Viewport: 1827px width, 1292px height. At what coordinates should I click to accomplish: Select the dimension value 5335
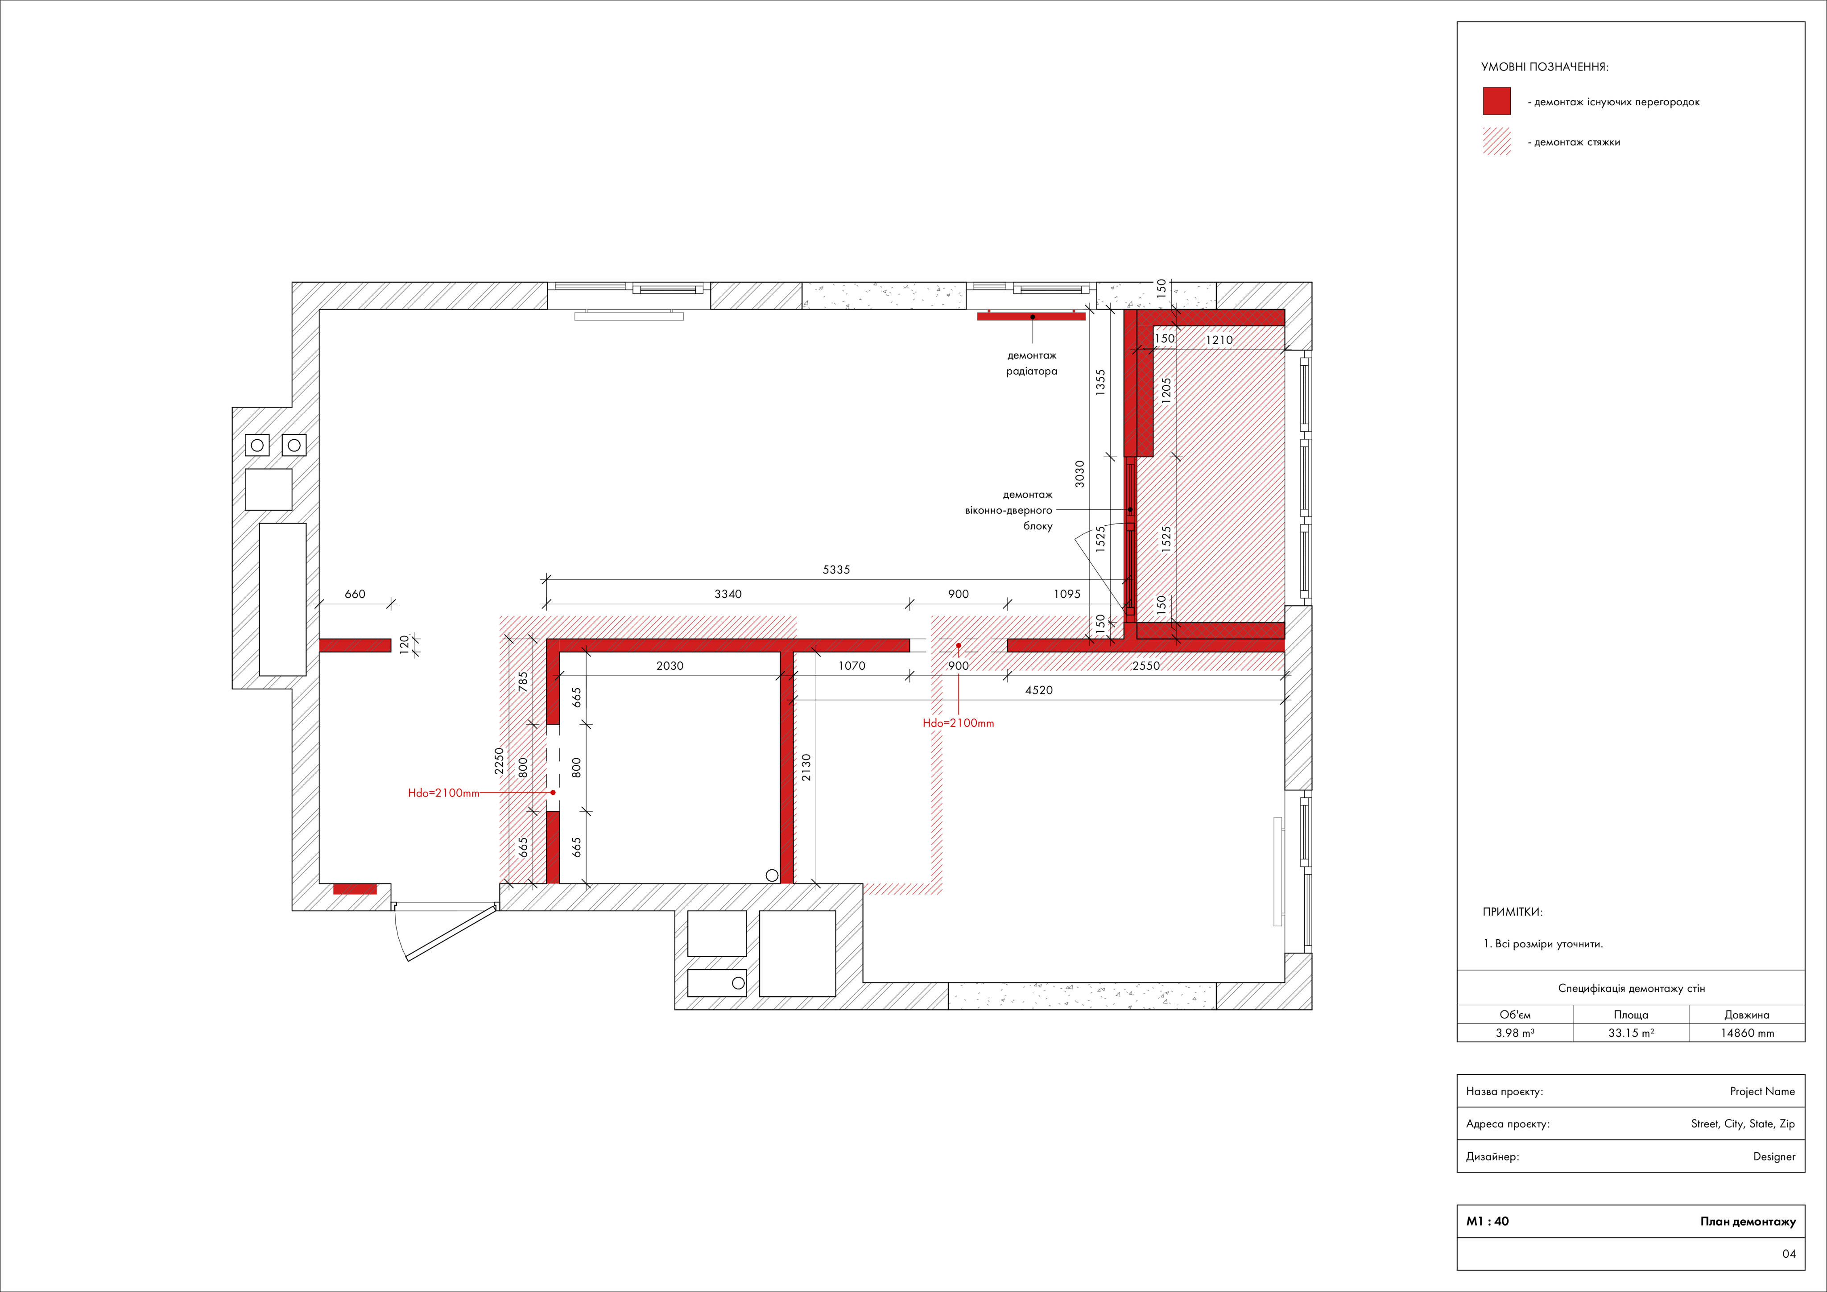click(x=836, y=570)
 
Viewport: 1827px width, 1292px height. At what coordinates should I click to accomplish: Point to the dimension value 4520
click(x=1038, y=690)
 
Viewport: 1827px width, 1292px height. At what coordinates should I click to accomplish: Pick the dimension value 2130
click(x=806, y=768)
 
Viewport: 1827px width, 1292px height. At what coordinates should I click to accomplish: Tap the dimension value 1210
click(x=1219, y=340)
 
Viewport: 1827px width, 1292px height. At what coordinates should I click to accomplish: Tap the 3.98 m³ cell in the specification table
click(x=1515, y=1032)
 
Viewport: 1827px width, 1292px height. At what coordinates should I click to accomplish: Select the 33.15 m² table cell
click(x=1631, y=1032)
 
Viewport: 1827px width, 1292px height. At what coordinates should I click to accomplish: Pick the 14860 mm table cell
click(x=1748, y=1032)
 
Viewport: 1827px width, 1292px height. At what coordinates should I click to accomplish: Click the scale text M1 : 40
click(x=1487, y=1221)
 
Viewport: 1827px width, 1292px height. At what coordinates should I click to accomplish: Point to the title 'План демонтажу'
click(x=1748, y=1221)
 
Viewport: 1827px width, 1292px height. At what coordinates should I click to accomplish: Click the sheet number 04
click(x=1789, y=1254)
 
